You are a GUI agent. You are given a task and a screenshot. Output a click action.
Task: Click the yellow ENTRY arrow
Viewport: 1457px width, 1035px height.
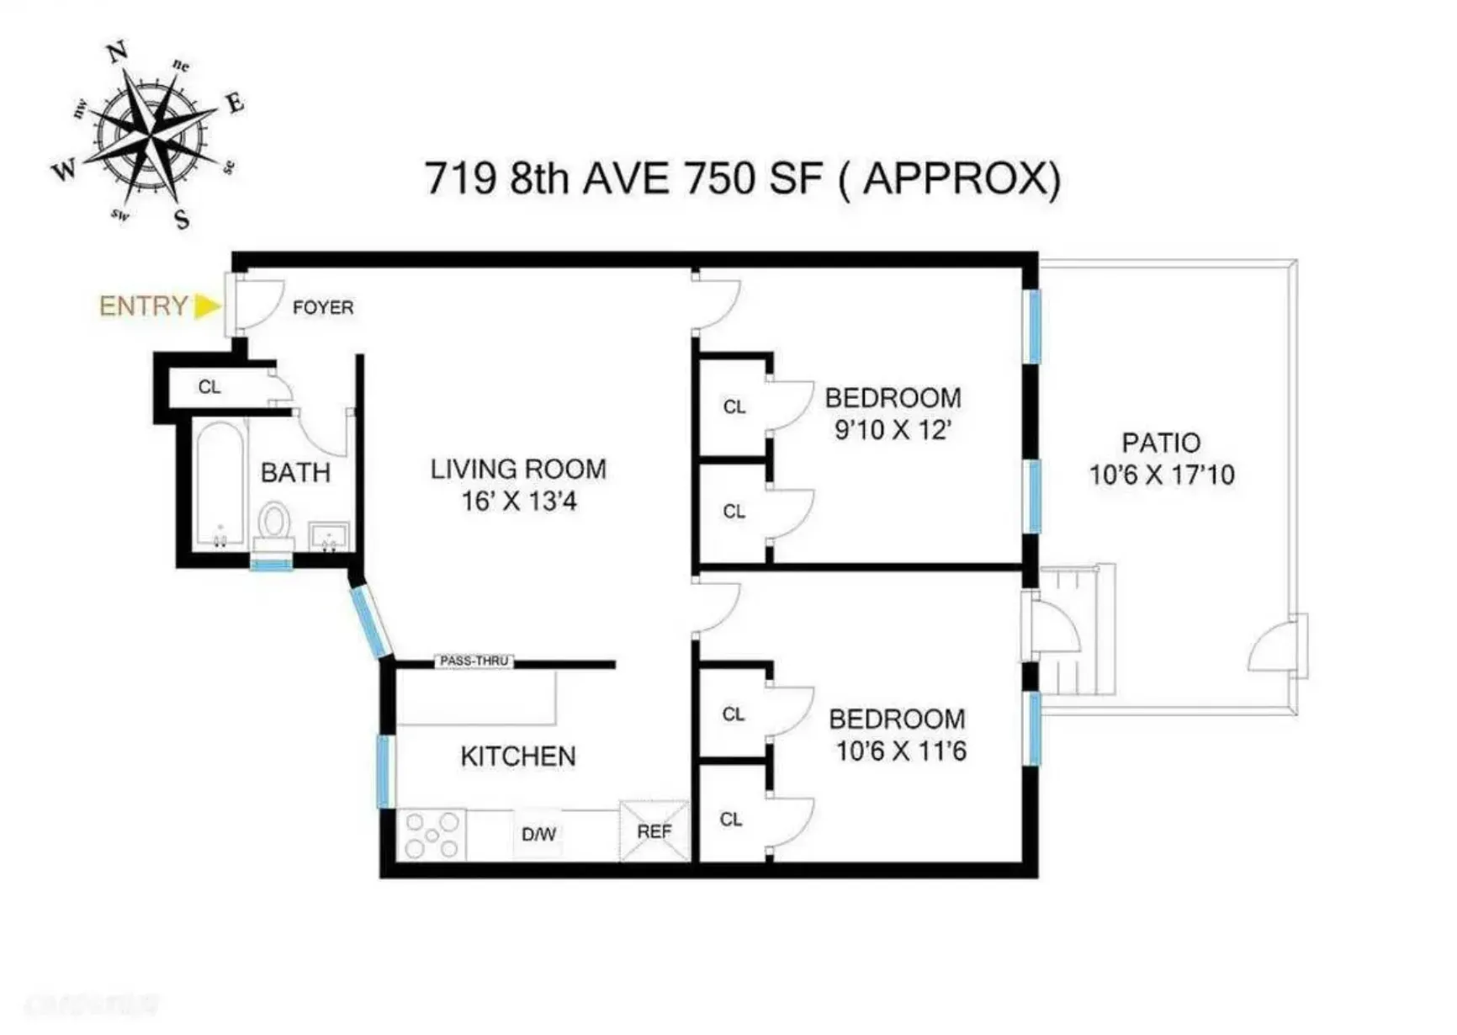click(206, 306)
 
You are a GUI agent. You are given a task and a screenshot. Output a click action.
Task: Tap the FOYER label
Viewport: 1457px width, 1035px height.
click(323, 308)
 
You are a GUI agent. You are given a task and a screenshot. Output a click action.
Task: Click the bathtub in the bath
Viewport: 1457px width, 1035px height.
click(220, 484)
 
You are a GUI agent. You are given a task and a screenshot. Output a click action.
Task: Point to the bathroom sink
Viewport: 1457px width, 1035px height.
click(329, 536)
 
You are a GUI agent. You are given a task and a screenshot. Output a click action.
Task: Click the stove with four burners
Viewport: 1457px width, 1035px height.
click(432, 835)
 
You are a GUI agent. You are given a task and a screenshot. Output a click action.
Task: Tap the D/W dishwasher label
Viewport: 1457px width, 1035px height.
click(538, 835)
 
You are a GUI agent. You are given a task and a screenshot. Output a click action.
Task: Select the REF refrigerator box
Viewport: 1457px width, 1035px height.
click(654, 832)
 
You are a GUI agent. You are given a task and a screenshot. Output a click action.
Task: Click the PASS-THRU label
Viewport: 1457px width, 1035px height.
click(474, 661)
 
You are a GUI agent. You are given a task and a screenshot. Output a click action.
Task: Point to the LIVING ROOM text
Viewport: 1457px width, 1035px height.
click(518, 469)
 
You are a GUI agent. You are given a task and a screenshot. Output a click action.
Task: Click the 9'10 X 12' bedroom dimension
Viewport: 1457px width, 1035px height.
click(893, 430)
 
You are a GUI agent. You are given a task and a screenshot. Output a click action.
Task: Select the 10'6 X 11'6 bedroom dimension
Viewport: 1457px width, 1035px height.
click(900, 751)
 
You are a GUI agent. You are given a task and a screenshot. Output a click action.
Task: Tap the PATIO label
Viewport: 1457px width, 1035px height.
click(1161, 443)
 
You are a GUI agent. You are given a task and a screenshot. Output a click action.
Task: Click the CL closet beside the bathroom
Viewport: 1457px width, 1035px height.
click(209, 387)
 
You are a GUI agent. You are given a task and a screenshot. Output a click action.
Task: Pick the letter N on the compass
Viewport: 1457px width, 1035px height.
click(118, 51)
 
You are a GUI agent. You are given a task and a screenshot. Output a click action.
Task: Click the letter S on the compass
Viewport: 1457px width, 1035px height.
click(182, 220)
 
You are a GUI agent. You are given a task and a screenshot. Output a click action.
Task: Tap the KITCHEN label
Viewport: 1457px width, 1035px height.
click(518, 756)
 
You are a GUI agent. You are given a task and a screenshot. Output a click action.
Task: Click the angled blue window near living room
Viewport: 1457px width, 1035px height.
click(370, 622)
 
